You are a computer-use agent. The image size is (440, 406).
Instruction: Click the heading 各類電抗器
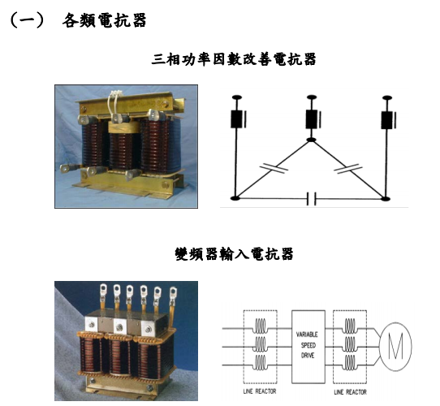pos(104,20)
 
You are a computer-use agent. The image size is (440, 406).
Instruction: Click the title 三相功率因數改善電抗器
pos(234,59)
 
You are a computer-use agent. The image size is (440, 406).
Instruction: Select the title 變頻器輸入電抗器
pos(234,254)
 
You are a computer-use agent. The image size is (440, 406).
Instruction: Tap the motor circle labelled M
pos(395,347)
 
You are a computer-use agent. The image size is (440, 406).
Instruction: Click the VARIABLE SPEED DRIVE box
pos(308,347)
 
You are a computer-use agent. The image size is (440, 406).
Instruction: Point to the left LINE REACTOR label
pos(260,391)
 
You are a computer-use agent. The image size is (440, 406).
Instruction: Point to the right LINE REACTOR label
pos(350,391)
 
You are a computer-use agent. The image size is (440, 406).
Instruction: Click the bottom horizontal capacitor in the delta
pos(311,198)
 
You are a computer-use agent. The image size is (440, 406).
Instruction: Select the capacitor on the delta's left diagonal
pos(274,167)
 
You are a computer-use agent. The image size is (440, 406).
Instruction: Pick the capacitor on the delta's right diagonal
pos(348,168)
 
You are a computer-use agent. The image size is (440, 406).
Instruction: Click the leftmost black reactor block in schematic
pos(236,119)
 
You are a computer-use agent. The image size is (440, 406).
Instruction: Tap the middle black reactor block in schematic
pos(312,119)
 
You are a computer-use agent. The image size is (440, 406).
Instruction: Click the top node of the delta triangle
pos(311,140)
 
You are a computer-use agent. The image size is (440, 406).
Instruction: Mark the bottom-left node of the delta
pos(235,198)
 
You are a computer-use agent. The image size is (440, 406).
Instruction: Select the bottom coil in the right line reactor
pos(350,363)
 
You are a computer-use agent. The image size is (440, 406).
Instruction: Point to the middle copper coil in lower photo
pos(120,355)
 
